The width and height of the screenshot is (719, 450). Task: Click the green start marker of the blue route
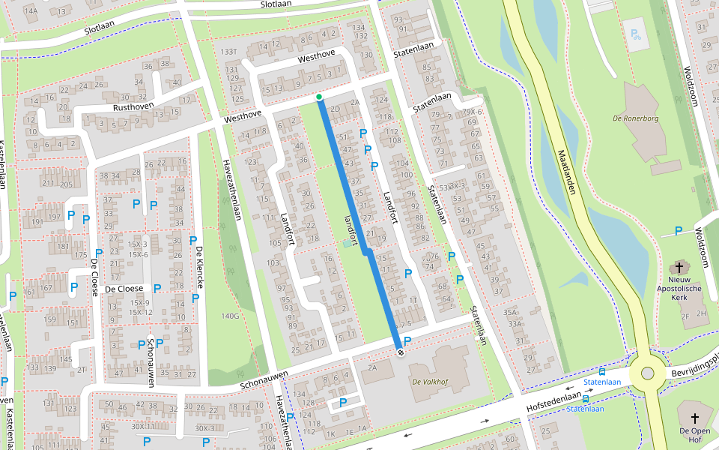[x=319, y=97]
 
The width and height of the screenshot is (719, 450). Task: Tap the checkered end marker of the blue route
[x=400, y=352]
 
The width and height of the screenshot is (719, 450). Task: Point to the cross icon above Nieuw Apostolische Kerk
[x=680, y=267]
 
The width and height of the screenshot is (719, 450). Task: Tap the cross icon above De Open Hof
[x=694, y=418]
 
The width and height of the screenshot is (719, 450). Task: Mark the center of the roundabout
[x=647, y=373]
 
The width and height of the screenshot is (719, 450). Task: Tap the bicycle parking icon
[x=636, y=34]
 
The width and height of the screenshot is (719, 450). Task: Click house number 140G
[x=231, y=316]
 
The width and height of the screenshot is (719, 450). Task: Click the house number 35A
[x=511, y=312]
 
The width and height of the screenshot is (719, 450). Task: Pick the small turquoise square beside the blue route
[x=345, y=244]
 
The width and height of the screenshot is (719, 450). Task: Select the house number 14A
[x=31, y=10]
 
